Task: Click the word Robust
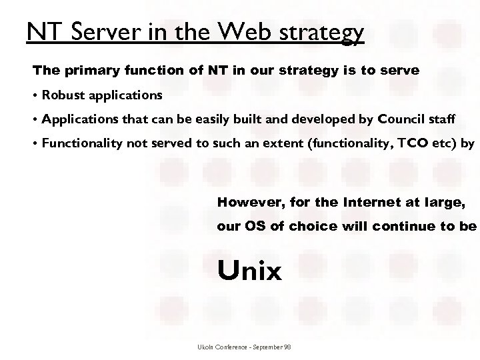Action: (61, 95)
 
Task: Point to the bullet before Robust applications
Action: (35, 95)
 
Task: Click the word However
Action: (245, 201)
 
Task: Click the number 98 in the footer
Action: (287, 347)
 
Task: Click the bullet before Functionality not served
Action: (35, 143)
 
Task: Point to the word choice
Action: (313, 226)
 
